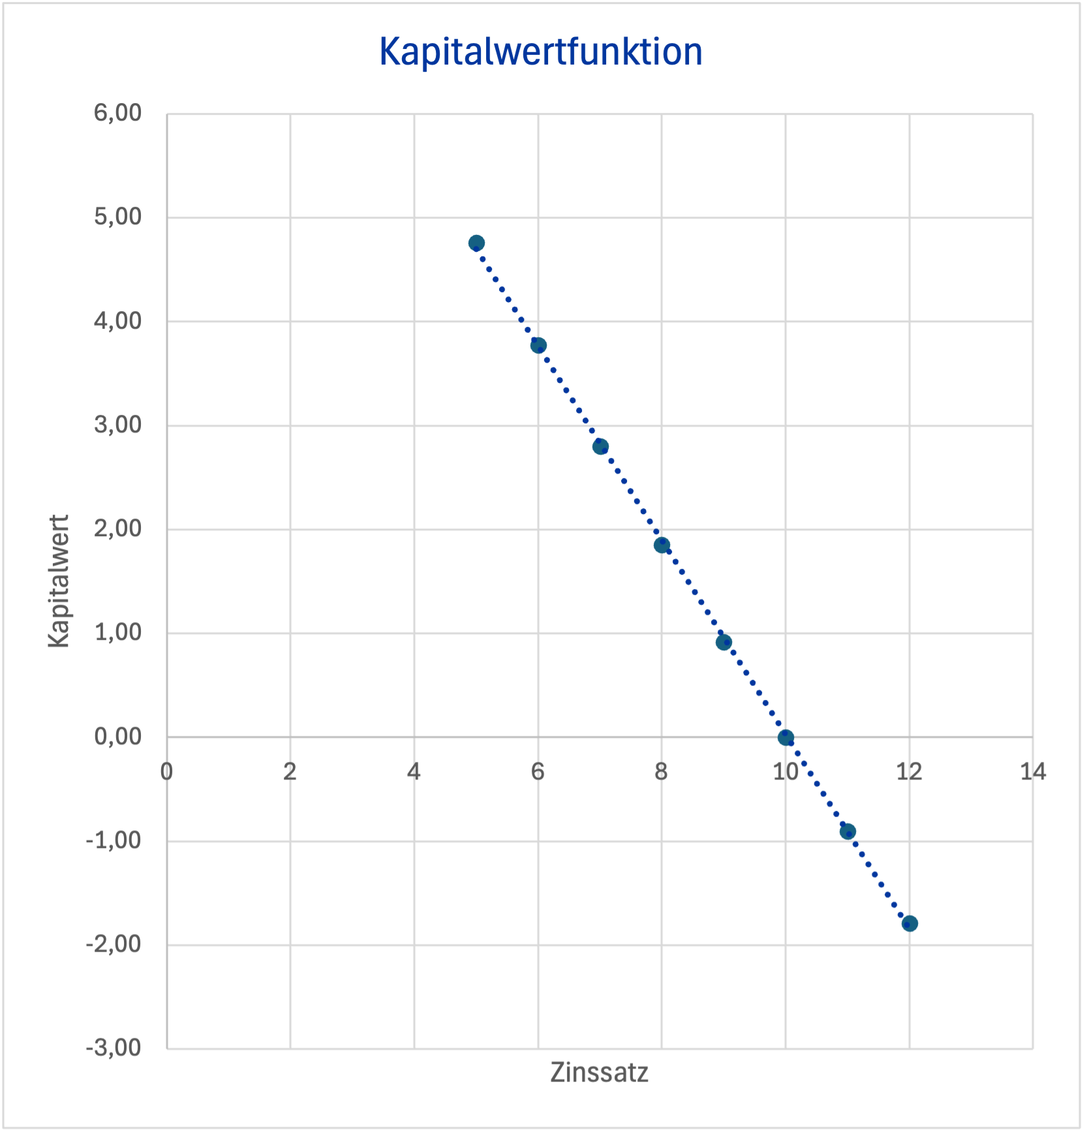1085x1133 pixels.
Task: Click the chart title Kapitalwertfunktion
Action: [x=541, y=52]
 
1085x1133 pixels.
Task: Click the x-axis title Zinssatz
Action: [x=599, y=1072]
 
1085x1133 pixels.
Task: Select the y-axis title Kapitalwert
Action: [x=59, y=581]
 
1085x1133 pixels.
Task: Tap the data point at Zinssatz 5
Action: [x=476, y=243]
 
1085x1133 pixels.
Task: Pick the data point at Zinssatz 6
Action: [x=538, y=345]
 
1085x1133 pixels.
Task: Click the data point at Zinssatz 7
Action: [x=600, y=447]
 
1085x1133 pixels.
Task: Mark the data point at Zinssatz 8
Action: [x=662, y=545]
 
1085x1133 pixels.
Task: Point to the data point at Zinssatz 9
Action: [x=724, y=642]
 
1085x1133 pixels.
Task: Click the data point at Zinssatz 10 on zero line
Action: [x=786, y=738]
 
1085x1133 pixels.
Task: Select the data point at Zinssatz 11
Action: [x=848, y=831]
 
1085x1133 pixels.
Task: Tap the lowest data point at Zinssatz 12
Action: [x=909, y=923]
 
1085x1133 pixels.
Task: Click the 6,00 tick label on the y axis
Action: [x=117, y=113]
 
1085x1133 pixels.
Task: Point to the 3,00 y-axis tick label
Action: [x=117, y=425]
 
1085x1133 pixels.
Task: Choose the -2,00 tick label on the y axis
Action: [x=114, y=944]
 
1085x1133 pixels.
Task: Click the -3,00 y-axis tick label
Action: [x=114, y=1048]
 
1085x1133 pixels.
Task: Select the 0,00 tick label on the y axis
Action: [x=117, y=736]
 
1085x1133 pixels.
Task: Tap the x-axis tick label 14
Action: [x=1032, y=772]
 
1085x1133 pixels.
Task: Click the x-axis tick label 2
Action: [x=290, y=772]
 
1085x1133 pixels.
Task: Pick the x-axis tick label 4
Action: [x=414, y=772]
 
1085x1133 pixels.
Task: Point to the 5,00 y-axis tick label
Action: [x=117, y=217]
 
